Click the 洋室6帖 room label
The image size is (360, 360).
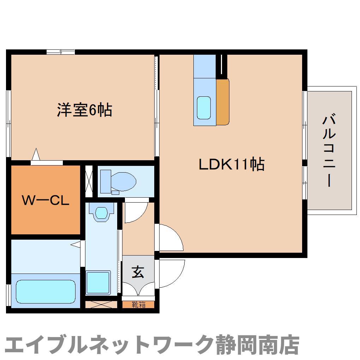tap(84, 110)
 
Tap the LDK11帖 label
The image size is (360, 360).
tap(232, 164)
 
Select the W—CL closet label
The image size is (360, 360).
tap(46, 200)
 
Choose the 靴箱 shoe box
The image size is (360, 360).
tap(138, 305)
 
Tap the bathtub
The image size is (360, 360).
tap(46, 292)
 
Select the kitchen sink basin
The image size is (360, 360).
tap(204, 108)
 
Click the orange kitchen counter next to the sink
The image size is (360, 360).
tap(223, 102)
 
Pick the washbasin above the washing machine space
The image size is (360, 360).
tap(101, 213)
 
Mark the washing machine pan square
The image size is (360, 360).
tap(98, 282)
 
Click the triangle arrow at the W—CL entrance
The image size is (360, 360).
tap(36, 154)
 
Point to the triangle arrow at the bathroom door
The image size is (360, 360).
tap(76, 244)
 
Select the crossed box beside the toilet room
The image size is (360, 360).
tap(89, 181)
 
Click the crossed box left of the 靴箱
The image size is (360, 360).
tap(101, 305)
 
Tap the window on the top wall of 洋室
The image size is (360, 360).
tap(61, 52)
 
